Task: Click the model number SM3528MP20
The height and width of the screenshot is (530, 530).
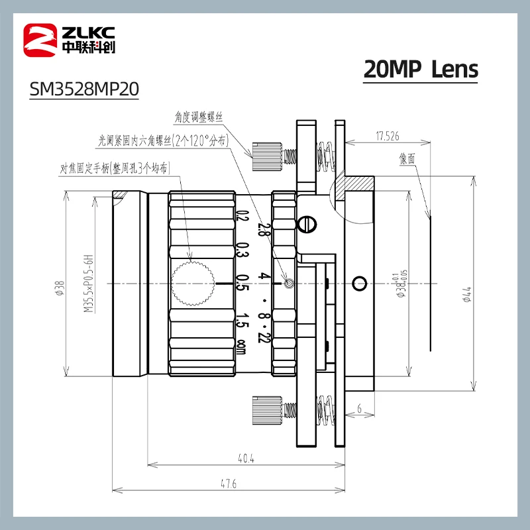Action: (x=84, y=89)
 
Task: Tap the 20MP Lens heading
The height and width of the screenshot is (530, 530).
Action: (x=421, y=70)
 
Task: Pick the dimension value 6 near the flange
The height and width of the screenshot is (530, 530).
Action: (x=358, y=409)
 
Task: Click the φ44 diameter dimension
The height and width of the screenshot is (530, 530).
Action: (x=466, y=293)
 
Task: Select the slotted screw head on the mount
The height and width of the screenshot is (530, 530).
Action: (x=305, y=225)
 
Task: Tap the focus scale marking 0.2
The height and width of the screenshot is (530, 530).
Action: (x=242, y=216)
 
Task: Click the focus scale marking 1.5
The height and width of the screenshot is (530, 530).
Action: (x=242, y=320)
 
